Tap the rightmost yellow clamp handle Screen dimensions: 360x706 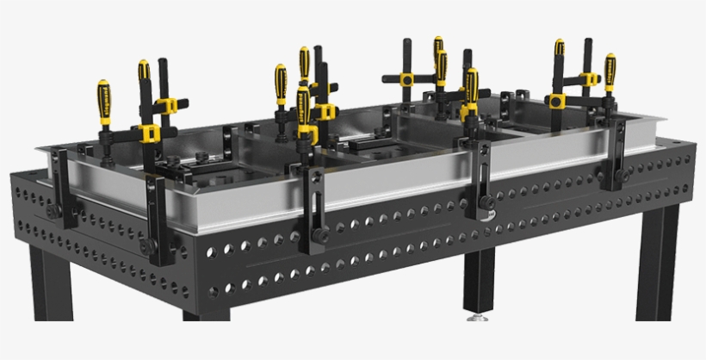[x=610, y=72]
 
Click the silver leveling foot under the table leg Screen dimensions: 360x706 [x=474, y=320]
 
